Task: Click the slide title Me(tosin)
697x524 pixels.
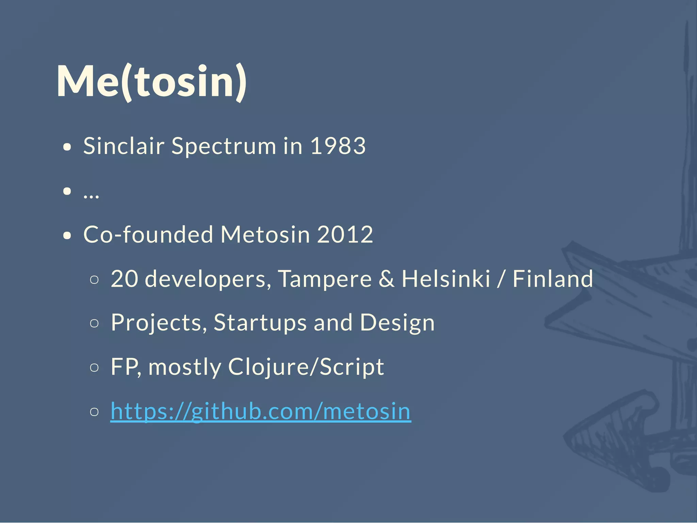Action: coord(151,82)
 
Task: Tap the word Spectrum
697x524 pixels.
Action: coord(224,146)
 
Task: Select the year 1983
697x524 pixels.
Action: coord(338,146)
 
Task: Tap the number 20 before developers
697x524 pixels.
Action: coord(124,279)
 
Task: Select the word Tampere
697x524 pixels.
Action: coord(325,279)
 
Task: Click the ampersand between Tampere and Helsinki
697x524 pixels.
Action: coord(387,279)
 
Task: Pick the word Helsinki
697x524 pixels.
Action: coord(446,279)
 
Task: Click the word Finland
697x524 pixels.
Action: coord(553,279)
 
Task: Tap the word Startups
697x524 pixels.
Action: coord(260,323)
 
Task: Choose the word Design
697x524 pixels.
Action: coord(397,323)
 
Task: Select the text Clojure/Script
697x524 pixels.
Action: coord(306,367)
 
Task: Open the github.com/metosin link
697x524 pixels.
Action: coord(261,411)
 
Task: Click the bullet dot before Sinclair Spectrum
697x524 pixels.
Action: coord(67,147)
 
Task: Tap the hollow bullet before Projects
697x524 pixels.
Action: coord(95,323)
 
